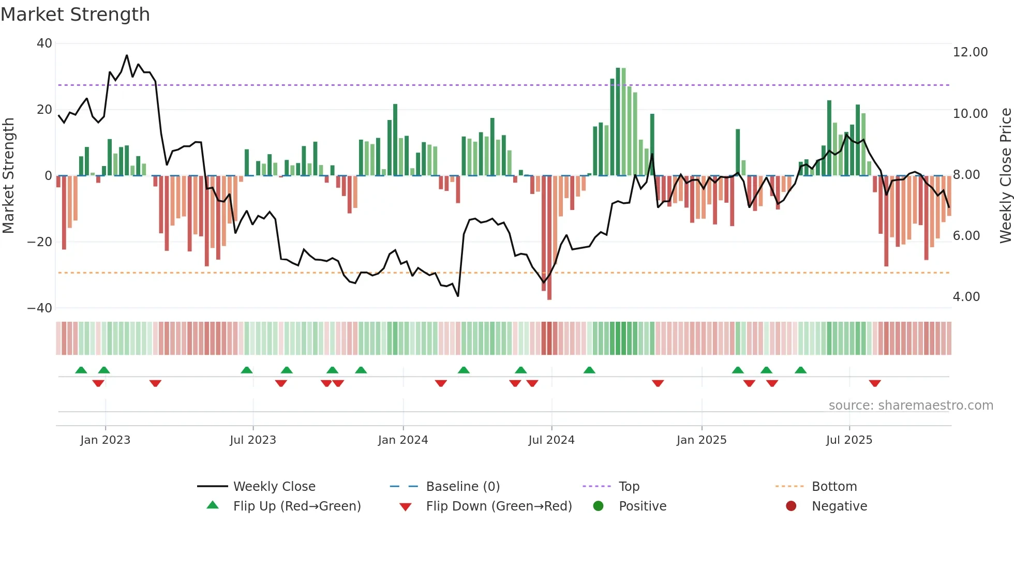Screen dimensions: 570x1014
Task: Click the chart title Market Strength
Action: (75, 14)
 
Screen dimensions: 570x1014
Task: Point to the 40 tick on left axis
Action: (44, 43)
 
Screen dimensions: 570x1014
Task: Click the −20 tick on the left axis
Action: (40, 242)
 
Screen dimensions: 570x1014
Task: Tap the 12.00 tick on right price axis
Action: (970, 52)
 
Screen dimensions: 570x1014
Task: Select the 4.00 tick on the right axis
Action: (966, 297)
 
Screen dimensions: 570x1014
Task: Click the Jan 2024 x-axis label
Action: (403, 440)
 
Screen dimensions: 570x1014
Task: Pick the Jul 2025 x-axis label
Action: (849, 440)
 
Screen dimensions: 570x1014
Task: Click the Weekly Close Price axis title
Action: (1005, 175)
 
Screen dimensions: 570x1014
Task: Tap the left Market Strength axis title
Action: (9, 175)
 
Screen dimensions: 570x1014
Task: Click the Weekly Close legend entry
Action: (274, 487)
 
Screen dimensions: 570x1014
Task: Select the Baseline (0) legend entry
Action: (463, 487)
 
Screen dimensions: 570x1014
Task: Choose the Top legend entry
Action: (629, 487)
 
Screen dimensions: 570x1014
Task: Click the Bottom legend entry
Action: (834, 487)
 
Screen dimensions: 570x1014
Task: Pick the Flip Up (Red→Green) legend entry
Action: (296, 506)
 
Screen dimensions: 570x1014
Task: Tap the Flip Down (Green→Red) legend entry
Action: (499, 506)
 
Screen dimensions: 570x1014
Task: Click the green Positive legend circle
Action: (599, 506)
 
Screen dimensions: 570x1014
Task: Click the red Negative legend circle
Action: (791, 506)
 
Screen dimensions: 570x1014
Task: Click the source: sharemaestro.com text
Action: (911, 406)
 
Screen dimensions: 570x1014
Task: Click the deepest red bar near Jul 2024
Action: (549, 238)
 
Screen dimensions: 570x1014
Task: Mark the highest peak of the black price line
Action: (127, 55)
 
